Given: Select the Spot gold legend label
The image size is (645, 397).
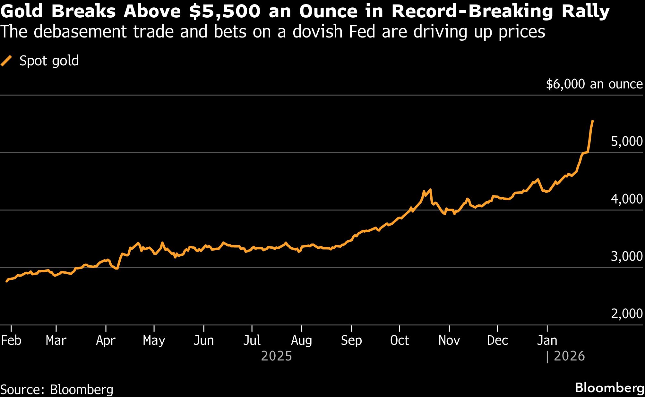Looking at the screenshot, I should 49,61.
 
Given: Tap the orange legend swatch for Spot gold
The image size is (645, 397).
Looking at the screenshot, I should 6,61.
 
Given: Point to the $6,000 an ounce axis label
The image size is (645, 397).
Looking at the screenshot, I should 594,84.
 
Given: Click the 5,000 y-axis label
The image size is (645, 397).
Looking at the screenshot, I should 626,141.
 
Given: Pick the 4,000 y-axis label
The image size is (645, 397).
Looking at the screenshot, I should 626,199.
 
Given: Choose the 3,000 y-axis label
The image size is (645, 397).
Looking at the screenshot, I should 626,256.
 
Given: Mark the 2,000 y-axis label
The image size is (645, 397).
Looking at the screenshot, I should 626,313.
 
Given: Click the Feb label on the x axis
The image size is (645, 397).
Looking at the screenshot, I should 11,340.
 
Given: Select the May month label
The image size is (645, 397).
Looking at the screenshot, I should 154,340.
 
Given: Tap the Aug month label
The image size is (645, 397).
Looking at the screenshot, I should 301,340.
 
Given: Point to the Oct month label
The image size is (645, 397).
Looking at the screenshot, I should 400,340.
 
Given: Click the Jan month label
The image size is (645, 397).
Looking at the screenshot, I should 547,340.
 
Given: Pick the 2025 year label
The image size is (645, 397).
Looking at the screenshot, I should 276,356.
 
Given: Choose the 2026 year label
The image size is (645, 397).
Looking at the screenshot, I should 569,356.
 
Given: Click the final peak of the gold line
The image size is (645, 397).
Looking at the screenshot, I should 592,121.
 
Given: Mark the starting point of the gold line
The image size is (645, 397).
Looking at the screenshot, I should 6,281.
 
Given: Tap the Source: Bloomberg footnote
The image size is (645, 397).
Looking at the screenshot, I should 57,390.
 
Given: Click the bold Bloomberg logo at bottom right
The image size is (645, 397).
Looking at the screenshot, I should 609,388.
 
